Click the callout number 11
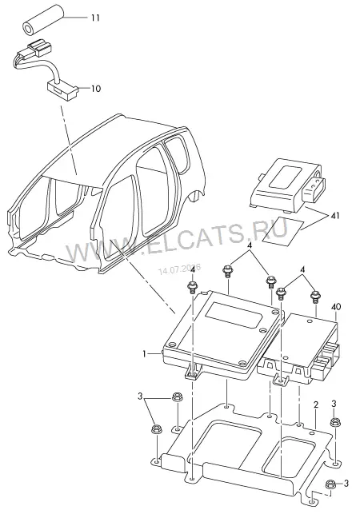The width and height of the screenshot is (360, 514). (x=95, y=18)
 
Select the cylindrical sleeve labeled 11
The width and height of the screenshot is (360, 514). (x=44, y=19)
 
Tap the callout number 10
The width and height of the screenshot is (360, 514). (x=95, y=89)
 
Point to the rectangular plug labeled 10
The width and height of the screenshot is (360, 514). (x=62, y=90)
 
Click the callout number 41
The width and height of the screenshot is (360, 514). (x=334, y=216)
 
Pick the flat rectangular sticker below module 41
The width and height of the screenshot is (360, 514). (x=276, y=232)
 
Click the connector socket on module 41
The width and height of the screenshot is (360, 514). (x=314, y=189)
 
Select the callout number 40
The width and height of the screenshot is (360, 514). (x=336, y=307)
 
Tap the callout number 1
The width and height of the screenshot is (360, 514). (x=144, y=353)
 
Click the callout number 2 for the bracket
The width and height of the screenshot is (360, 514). (x=315, y=404)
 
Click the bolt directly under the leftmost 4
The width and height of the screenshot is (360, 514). (x=192, y=287)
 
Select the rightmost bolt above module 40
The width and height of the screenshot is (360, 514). (x=315, y=297)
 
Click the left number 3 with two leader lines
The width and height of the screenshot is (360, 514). (x=140, y=397)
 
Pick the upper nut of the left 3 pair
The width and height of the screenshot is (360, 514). (x=178, y=398)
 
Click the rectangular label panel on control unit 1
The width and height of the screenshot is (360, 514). (x=234, y=314)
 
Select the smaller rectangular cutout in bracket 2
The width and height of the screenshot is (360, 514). (x=290, y=454)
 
